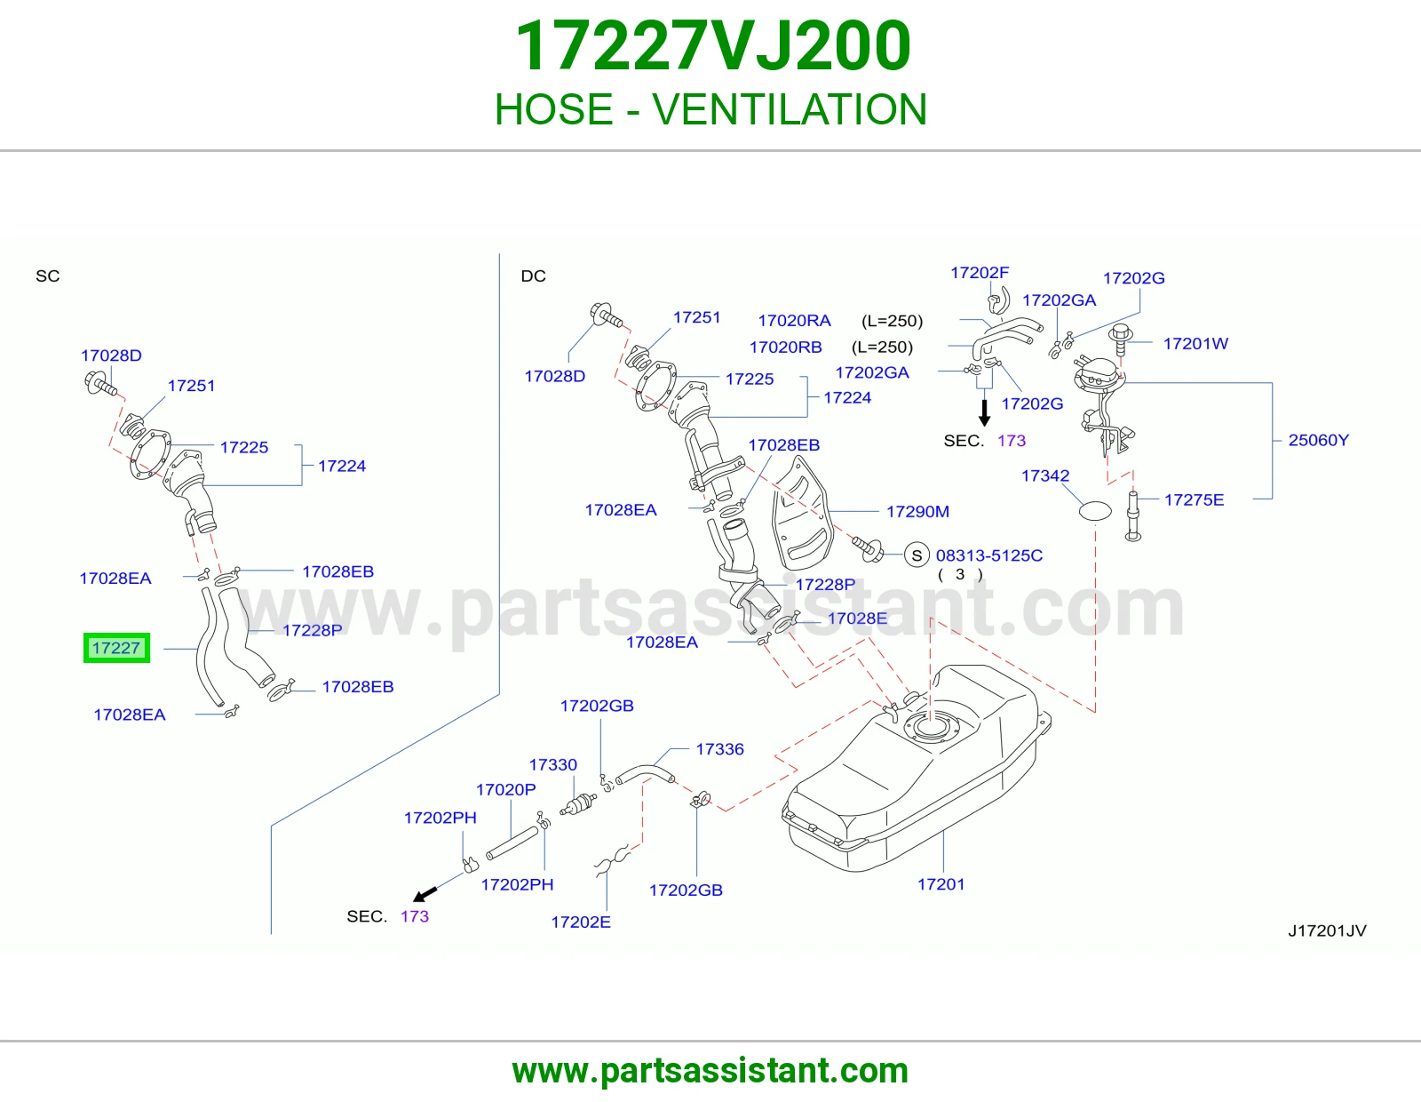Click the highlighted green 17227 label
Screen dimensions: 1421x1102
click(x=116, y=647)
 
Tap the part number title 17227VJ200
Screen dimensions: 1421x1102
click(x=713, y=46)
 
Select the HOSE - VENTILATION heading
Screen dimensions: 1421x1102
click(x=710, y=108)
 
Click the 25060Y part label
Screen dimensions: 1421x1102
click(x=1318, y=440)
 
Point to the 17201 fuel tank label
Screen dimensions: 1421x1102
click(x=941, y=884)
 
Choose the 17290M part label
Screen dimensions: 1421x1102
click(x=917, y=512)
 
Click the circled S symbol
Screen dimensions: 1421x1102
click(x=917, y=555)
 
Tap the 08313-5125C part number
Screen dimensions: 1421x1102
click(x=988, y=555)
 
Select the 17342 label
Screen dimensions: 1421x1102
click(x=1045, y=475)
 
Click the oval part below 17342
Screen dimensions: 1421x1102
click(x=1095, y=510)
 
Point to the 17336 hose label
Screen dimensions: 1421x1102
click(x=719, y=748)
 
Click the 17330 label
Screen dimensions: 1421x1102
click(x=552, y=764)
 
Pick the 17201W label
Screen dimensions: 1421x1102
click(x=1195, y=344)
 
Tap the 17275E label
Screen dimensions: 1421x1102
click(x=1195, y=500)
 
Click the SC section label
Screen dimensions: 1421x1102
click(x=48, y=276)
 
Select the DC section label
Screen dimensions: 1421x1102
click(x=533, y=276)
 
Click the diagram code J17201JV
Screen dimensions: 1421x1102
click(x=1327, y=930)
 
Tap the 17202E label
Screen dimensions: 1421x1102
click(x=581, y=922)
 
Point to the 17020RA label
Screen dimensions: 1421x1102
click(x=794, y=321)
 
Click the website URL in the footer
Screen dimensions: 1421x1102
click(x=710, y=1071)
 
